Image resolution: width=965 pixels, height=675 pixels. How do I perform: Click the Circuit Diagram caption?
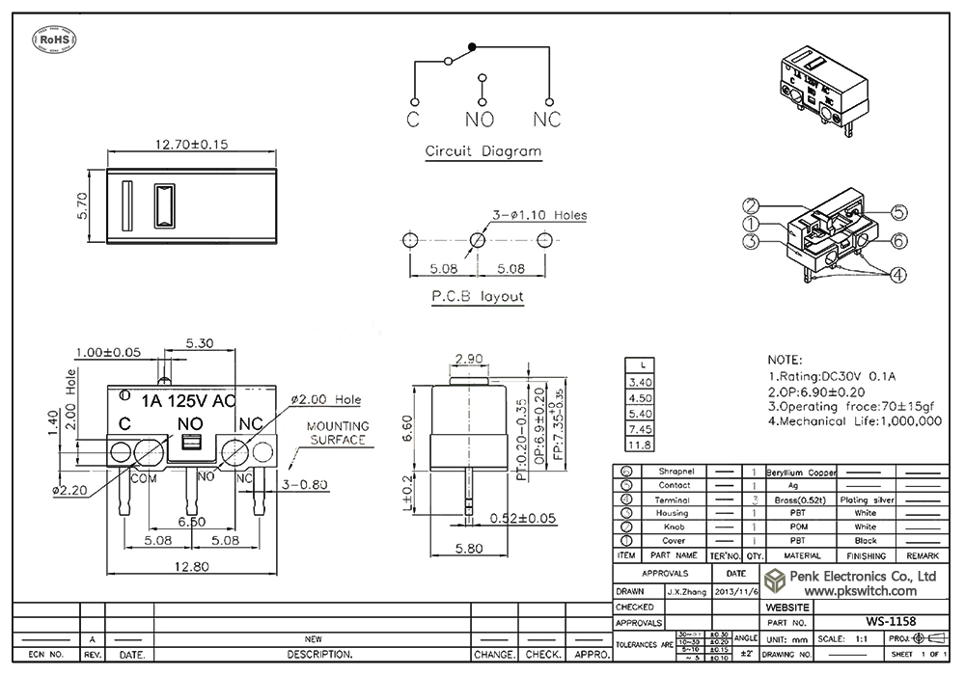pos(483,151)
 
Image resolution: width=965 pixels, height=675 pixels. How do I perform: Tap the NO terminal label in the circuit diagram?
pos(480,120)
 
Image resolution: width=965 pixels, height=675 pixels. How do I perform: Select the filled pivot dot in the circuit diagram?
pos(472,46)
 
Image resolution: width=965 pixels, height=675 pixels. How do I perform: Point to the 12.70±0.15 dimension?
pos(191,145)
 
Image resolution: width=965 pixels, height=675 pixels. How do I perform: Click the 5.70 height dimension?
pos(82,204)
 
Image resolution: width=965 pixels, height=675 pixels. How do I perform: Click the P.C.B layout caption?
pos(477,296)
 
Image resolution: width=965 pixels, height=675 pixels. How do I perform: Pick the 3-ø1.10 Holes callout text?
pos(540,215)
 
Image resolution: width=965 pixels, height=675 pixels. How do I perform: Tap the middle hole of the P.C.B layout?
pos(478,239)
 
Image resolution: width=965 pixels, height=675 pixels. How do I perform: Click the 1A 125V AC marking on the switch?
pos(187,400)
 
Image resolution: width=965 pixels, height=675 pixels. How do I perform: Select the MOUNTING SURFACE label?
pos(338,433)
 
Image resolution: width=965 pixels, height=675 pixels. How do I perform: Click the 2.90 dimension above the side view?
pos(468,359)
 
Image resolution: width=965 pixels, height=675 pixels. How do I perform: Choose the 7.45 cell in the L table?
pos(640,429)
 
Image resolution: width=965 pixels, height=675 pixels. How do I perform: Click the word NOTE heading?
pos(785,359)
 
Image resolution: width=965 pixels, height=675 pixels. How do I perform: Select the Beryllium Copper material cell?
pos(801,472)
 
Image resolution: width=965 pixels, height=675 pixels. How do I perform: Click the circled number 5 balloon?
pos(897,213)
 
